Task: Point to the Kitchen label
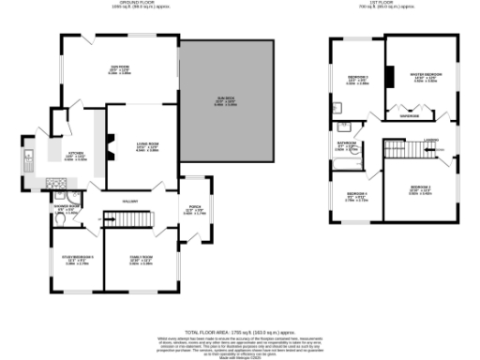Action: [75, 155]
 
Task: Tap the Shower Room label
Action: [67, 208]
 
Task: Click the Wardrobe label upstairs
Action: [409, 116]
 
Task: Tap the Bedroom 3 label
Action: [357, 79]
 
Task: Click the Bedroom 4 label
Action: [356, 198]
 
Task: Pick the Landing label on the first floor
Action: [430, 141]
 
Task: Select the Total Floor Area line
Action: [240, 332]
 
